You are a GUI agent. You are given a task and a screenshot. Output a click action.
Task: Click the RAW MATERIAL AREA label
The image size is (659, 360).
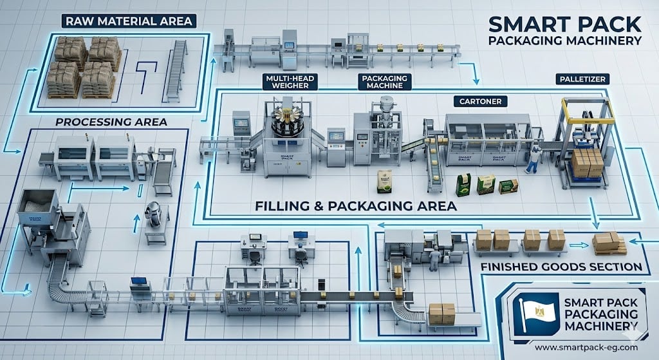pos(127,21)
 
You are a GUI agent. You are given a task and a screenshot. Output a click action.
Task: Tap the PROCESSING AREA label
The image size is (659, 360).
pos(111,122)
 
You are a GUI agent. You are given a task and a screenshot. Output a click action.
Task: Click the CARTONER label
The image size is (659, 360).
pos(480,102)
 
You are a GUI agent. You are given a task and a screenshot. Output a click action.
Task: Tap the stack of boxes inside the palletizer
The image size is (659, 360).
pos(586,162)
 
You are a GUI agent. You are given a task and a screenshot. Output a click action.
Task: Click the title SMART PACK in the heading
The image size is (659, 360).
pos(564,24)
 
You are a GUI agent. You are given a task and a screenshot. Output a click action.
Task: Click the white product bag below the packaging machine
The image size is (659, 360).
pos(385,181)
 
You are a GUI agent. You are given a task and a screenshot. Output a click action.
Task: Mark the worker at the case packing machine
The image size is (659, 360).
pos(436,258)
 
